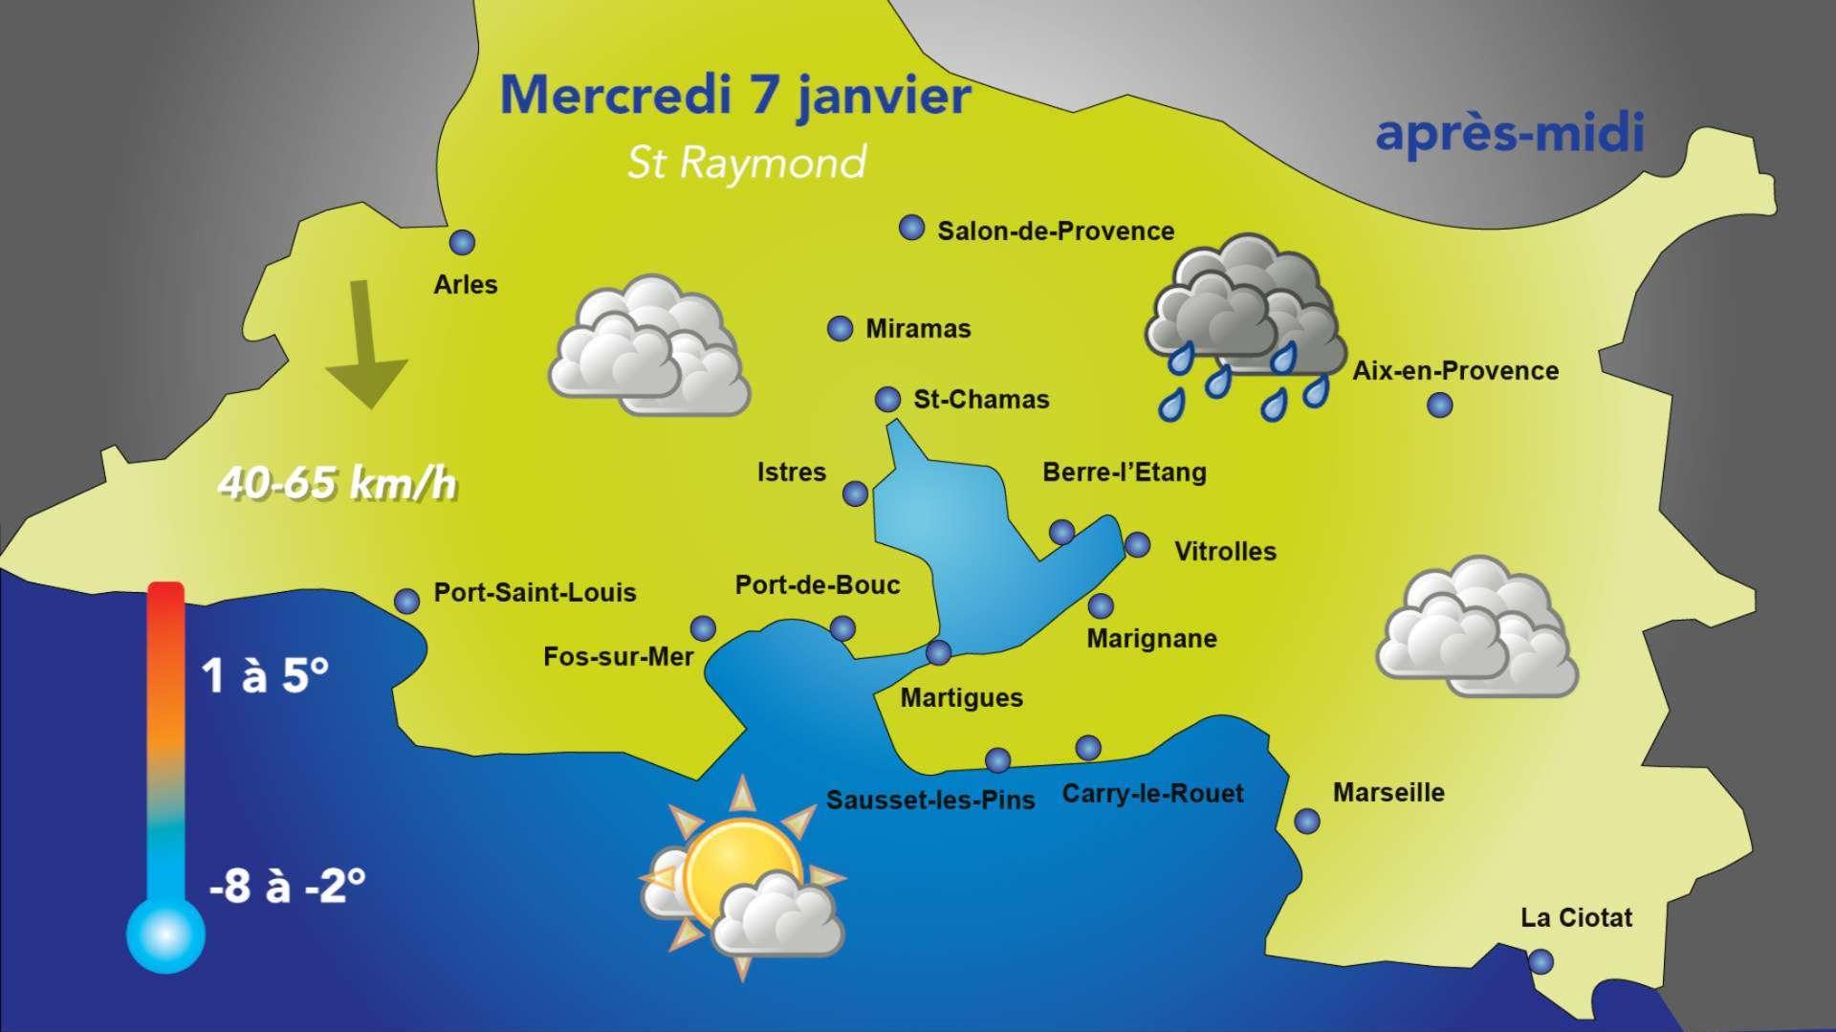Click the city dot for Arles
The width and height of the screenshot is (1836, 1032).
coord(463,242)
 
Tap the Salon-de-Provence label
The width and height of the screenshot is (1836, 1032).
coord(1055,231)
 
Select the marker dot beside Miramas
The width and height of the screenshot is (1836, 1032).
coord(839,328)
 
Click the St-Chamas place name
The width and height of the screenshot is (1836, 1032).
coord(981,400)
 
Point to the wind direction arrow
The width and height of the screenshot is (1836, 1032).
coord(366,344)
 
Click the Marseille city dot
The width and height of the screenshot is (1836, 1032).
coord(1306,821)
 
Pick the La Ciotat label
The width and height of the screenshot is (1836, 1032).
coord(1576,918)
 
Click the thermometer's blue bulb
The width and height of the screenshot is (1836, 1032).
coord(165,933)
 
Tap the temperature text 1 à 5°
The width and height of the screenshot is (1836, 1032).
coord(265,677)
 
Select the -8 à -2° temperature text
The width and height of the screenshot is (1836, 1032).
coord(287,887)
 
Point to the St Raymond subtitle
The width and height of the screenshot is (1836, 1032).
coord(746,164)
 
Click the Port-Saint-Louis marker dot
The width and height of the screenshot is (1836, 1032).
coord(407,601)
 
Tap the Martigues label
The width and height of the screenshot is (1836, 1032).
coord(961,698)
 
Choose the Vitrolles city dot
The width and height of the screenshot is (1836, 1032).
coord(1137,545)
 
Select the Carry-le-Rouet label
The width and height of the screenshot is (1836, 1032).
coord(1152,794)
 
